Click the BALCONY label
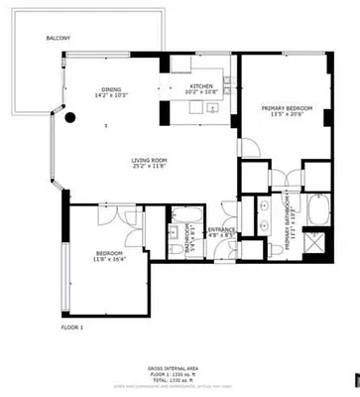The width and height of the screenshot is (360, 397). pyautogui.click(x=57, y=39)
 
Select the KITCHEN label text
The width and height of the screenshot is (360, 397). pyautogui.click(x=202, y=87)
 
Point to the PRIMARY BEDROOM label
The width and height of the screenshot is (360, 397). pyautogui.click(x=286, y=107)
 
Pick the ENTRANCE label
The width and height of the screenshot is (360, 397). pyautogui.click(x=220, y=230)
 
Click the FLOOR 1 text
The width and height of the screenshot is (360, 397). pyautogui.click(x=73, y=327)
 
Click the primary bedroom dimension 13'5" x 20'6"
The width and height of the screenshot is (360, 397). pyautogui.click(x=286, y=114)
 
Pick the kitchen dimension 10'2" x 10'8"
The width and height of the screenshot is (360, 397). pyautogui.click(x=202, y=94)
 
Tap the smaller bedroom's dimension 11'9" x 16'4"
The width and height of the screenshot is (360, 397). pyautogui.click(x=108, y=260)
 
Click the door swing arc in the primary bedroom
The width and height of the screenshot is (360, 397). pyautogui.click(x=251, y=151)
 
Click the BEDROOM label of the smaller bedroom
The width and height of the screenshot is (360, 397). pyautogui.click(x=108, y=253)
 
